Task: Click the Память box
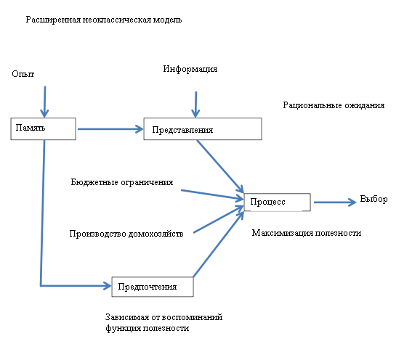[x=43, y=128]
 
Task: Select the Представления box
[x=203, y=128]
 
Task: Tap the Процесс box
[x=278, y=202]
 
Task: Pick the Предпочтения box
[x=153, y=287]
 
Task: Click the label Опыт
[x=23, y=74]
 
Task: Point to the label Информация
[x=190, y=69]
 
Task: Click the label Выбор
[x=373, y=199]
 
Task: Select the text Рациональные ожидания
[x=334, y=105]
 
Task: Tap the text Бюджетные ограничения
[x=122, y=182]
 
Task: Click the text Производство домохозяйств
[x=126, y=234]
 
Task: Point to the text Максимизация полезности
[x=307, y=233]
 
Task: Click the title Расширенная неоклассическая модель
[x=104, y=20]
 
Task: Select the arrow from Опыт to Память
[x=45, y=102]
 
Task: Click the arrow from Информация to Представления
[x=195, y=105]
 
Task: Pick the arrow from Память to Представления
[x=110, y=129]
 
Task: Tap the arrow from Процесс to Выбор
[x=335, y=202]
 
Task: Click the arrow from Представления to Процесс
[x=220, y=166]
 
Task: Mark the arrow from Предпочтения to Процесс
[x=219, y=244]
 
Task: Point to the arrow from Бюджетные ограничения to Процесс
[x=212, y=195]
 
